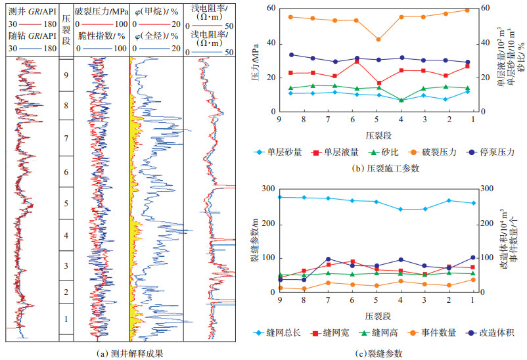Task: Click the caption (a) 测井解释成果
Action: [x=129, y=353]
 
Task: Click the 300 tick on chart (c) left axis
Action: [x=267, y=189]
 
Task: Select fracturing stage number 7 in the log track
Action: [x=66, y=139]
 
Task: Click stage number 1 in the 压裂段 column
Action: [x=66, y=319]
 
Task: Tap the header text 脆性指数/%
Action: [x=101, y=35]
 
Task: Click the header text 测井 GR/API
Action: [x=32, y=11]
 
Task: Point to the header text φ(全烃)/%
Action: [x=156, y=35]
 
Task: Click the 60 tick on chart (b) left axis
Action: [x=269, y=8]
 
